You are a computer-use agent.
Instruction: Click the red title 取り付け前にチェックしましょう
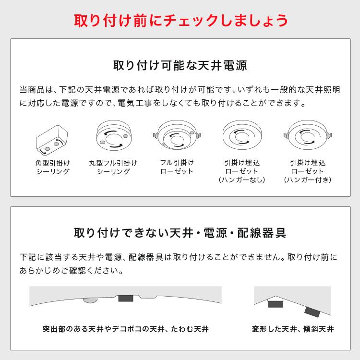pyautogui.click(x=180, y=20)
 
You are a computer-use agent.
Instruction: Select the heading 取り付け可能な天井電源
pyautogui.click(x=180, y=65)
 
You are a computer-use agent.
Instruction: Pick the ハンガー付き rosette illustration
pyautogui.click(x=308, y=135)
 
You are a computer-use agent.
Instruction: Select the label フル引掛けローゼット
pyautogui.click(x=176, y=167)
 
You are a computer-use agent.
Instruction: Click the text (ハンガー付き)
pyautogui.click(x=308, y=180)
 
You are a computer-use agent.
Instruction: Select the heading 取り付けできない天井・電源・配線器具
pyautogui.click(x=180, y=234)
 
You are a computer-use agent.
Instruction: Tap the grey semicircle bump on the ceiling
pyautogui.click(x=90, y=300)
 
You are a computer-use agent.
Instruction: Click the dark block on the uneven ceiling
pyautogui.click(x=125, y=298)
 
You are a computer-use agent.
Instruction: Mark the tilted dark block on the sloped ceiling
pyautogui.click(x=312, y=312)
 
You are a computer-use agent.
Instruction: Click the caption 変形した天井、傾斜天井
pyautogui.click(x=293, y=330)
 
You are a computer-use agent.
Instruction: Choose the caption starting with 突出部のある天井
pyautogui.click(x=125, y=330)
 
